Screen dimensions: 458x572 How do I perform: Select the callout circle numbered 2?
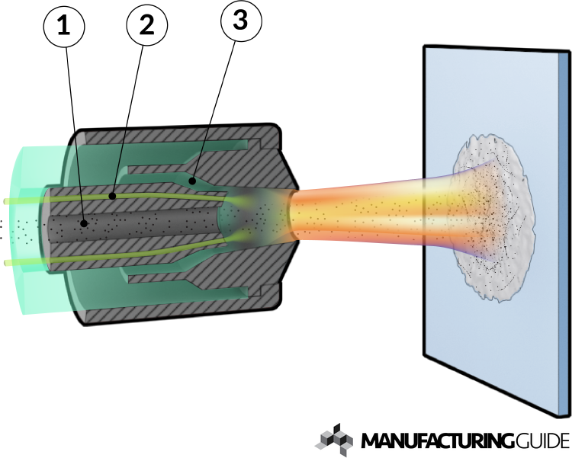pyautogui.click(x=146, y=27)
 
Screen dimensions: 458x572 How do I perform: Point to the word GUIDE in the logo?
pyautogui.click(x=538, y=440)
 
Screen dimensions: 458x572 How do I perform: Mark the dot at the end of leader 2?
pyautogui.click(x=113, y=195)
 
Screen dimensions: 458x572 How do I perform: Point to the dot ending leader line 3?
pyautogui.click(x=193, y=181)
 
